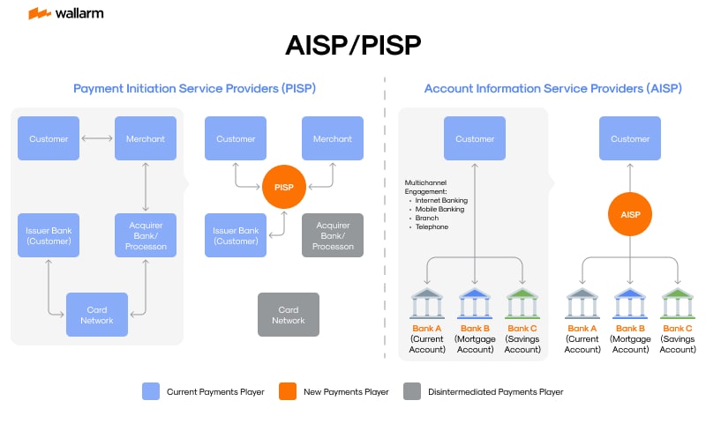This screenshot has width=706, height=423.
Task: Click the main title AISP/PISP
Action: click(353, 45)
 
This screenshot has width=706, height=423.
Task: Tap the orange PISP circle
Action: click(283, 187)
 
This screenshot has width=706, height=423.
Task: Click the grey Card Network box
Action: click(288, 315)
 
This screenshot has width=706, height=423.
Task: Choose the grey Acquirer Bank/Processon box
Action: click(332, 235)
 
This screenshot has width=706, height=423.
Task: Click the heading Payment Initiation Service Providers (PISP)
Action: click(194, 89)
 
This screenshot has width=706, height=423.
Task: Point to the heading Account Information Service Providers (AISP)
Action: click(552, 89)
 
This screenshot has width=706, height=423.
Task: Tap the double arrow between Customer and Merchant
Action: click(96, 138)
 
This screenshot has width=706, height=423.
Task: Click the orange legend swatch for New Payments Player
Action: click(287, 391)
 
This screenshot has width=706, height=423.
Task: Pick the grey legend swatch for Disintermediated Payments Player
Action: click(411, 391)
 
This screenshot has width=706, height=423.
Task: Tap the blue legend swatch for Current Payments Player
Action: click(151, 391)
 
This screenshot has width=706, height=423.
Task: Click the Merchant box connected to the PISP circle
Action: click(332, 138)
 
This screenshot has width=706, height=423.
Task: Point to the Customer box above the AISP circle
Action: click(630, 138)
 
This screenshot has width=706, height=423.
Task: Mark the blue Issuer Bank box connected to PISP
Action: click(235, 235)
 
